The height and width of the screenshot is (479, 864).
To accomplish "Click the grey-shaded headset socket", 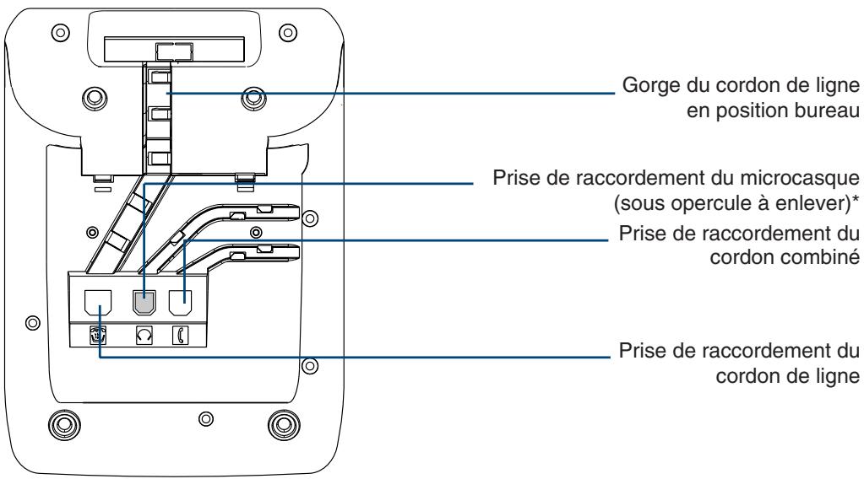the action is (x=144, y=303).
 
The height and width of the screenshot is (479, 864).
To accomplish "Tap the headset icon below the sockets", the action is (x=144, y=336).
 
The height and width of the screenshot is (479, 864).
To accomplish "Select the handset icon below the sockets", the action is (x=180, y=336).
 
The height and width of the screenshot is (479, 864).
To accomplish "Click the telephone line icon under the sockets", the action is (x=98, y=336).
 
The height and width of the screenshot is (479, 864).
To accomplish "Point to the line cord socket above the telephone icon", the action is (x=98, y=303).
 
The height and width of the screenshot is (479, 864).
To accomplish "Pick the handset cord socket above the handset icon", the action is (x=180, y=303).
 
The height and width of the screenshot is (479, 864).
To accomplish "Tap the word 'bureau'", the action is (x=826, y=111).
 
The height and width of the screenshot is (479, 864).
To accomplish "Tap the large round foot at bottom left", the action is (x=64, y=424).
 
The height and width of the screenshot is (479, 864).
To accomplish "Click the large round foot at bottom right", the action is (x=284, y=424).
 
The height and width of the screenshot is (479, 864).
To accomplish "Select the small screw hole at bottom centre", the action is (x=206, y=419).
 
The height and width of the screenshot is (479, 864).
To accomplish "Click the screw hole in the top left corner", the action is (x=61, y=32).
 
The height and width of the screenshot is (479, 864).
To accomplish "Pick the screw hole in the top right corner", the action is (x=288, y=32).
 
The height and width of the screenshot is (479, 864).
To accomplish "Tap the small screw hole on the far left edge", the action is (x=33, y=322).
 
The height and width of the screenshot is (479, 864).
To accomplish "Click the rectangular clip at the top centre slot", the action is (x=174, y=51).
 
